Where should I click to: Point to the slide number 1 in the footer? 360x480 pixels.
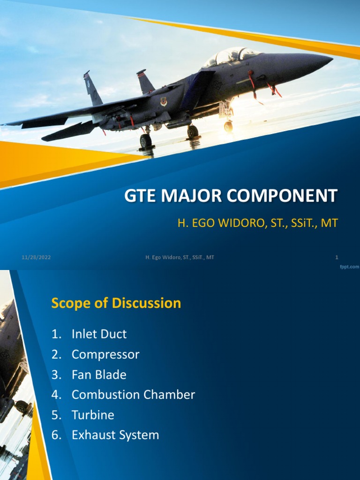337,257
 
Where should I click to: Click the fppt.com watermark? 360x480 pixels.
349,266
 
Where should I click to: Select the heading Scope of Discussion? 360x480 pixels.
116,303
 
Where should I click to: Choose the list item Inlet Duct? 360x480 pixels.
99,334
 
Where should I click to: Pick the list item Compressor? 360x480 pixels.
105,354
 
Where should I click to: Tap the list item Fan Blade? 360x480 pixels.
99,375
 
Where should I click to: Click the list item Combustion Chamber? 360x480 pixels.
133,395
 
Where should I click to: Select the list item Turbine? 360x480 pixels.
93,415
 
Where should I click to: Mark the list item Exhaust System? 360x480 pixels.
115,435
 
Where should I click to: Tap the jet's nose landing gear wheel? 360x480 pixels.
228,126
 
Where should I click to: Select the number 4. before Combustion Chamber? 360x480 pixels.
56,395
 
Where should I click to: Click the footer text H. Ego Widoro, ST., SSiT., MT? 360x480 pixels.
180,257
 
